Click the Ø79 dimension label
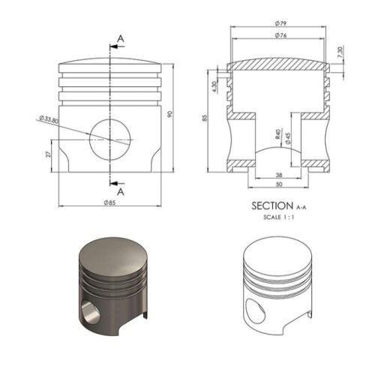click(x=280, y=23)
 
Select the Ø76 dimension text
click(x=280, y=35)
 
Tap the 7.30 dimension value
click(x=340, y=52)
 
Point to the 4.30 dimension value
click(x=214, y=86)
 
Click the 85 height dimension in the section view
click(x=205, y=118)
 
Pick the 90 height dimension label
click(x=169, y=114)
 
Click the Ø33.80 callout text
click(x=49, y=119)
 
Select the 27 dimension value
click(x=48, y=154)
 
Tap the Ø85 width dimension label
click(x=110, y=202)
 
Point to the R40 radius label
click(x=278, y=133)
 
